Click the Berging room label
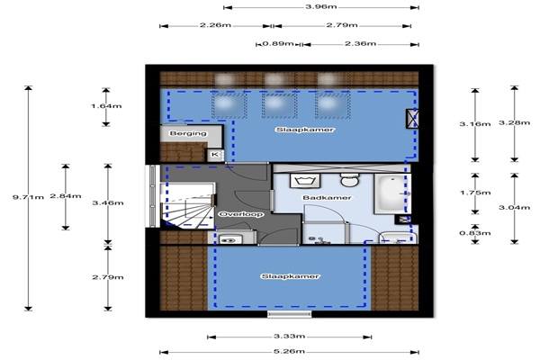tap(188, 133)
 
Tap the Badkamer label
tap(328, 198)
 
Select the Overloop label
tap(241, 214)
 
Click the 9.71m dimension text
tap(28, 197)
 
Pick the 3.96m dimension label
tap(321, 6)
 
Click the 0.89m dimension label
tap(278, 44)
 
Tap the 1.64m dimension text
tap(106, 106)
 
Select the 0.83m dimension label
tap(475, 233)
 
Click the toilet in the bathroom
tap(350, 180)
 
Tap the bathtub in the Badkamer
tap(392, 193)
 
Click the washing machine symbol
tap(305, 181)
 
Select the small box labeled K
tap(215, 154)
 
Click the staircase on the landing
tap(188, 205)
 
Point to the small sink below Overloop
tap(229, 239)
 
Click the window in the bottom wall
tap(289, 314)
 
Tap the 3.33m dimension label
tap(289, 337)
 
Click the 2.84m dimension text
tap(66, 196)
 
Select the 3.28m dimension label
tap(515, 122)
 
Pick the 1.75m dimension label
tap(475, 193)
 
